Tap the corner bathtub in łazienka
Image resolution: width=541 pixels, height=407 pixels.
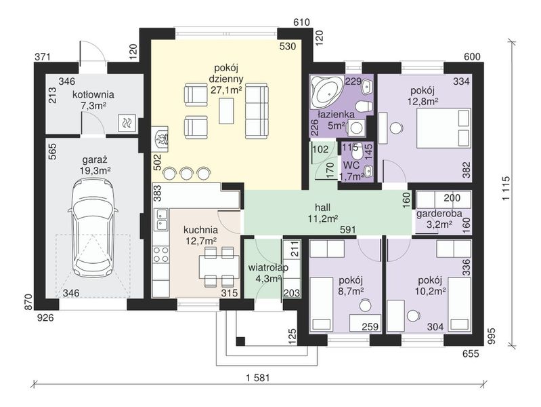328,91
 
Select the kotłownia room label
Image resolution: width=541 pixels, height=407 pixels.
93,94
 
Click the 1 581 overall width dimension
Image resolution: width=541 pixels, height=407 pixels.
258,377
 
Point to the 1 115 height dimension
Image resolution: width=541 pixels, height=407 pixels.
506,189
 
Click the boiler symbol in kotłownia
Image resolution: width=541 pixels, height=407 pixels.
127,122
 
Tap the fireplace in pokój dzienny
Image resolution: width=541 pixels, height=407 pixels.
160,139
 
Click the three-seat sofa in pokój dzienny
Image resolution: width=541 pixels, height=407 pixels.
257,111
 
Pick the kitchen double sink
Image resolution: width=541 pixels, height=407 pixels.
160,220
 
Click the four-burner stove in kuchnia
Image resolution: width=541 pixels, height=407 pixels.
160,255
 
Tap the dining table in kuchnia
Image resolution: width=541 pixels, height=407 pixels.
219,267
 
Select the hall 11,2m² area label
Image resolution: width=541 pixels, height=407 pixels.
322,213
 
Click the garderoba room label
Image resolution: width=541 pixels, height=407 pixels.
439,214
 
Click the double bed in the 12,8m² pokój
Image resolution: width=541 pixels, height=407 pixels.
443,128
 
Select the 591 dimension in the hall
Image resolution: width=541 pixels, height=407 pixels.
348,229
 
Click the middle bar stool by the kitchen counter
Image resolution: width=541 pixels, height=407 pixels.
186,173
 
